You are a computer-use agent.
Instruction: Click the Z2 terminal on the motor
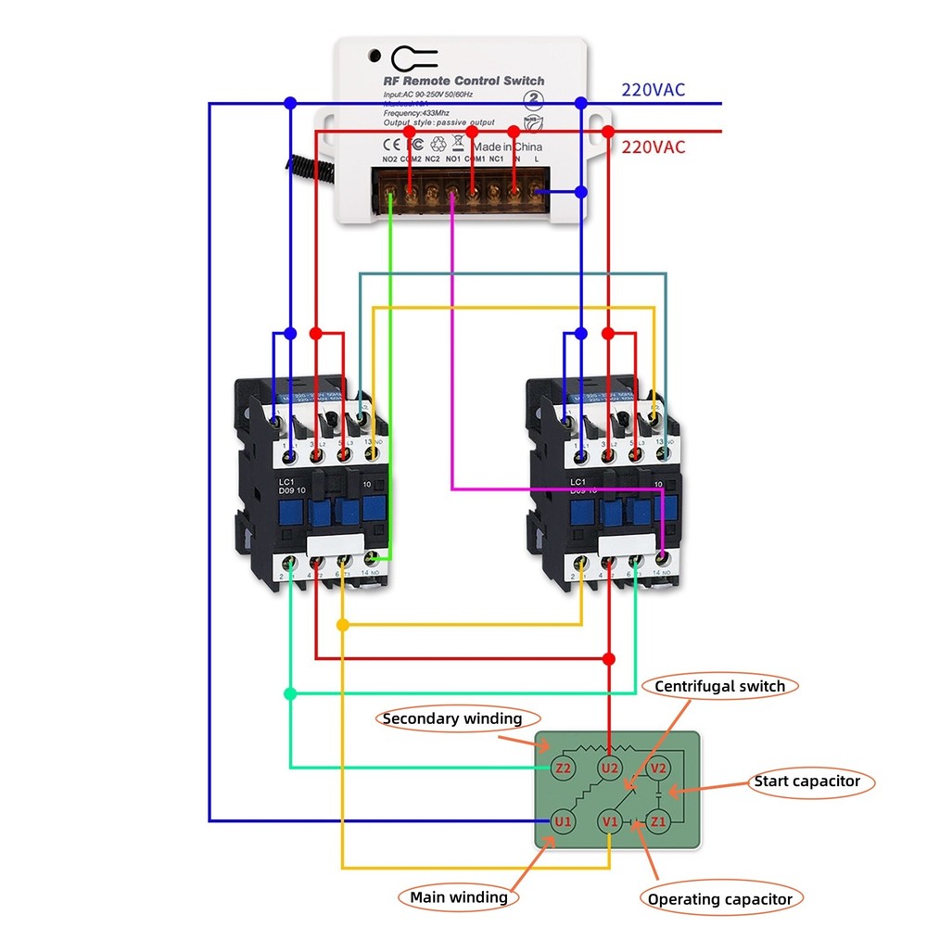click(x=563, y=768)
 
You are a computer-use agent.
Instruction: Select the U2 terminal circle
click(x=609, y=768)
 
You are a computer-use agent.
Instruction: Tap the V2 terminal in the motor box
click(x=658, y=768)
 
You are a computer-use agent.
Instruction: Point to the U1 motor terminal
click(x=563, y=821)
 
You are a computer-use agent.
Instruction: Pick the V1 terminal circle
click(x=609, y=821)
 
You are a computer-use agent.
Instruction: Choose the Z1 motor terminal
click(x=658, y=821)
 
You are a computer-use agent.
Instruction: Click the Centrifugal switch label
click(x=719, y=687)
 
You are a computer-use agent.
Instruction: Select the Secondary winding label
click(x=452, y=718)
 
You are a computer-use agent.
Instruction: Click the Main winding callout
click(x=459, y=896)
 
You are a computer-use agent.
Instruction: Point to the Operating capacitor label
click(x=720, y=898)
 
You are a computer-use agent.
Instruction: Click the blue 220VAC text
click(x=653, y=90)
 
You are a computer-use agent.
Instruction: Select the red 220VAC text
click(x=653, y=147)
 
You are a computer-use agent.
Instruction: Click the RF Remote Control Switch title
click(x=463, y=81)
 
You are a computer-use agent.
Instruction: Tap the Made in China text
click(x=507, y=147)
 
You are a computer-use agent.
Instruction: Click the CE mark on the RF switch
click(x=391, y=146)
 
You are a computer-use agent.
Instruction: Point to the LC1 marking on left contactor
click(x=286, y=482)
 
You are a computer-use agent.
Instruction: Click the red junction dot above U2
click(x=609, y=659)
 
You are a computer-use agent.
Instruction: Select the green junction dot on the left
click(x=290, y=693)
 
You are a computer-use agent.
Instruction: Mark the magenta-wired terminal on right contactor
click(x=663, y=558)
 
